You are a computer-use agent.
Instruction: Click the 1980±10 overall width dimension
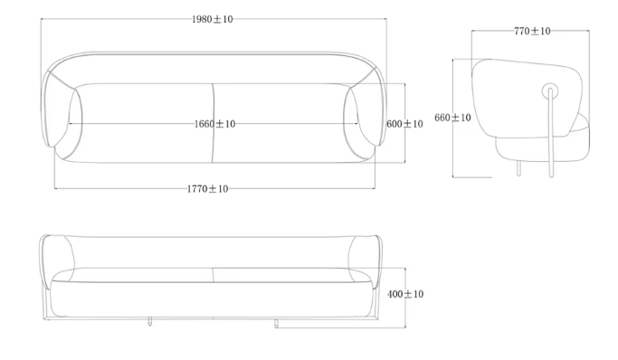(212, 19)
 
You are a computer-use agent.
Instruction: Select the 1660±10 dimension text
(214, 124)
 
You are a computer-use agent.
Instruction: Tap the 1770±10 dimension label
(207, 189)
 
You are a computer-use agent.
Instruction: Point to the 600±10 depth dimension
(404, 124)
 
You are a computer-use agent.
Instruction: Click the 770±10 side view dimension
(532, 31)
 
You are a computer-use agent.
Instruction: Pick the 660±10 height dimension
(452, 118)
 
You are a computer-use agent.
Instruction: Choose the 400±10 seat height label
(405, 294)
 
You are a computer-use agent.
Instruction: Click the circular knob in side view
(550, 91)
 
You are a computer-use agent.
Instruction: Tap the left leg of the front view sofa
(150, 321)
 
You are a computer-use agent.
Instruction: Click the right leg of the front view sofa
(276, 323)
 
